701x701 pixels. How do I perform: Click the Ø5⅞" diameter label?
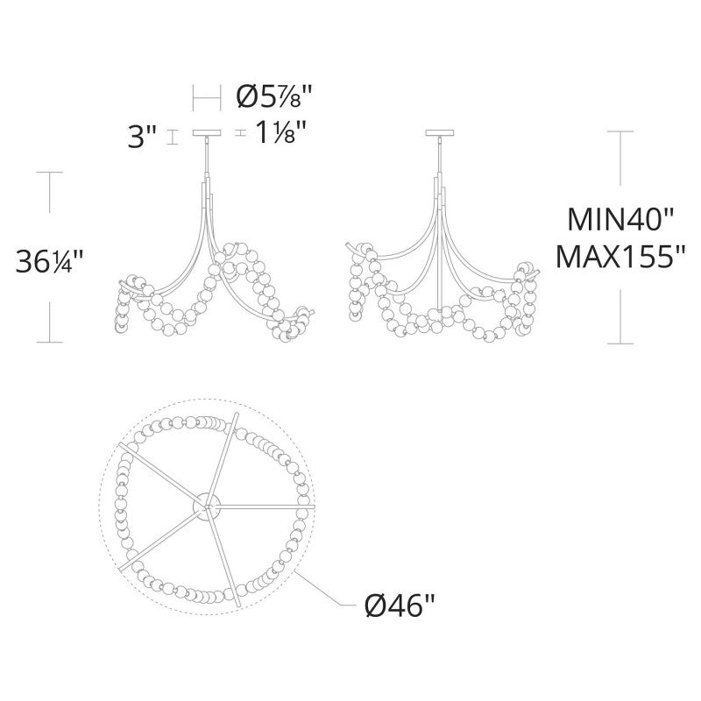click(273, 96)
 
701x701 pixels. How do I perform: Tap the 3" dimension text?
click(142, 137)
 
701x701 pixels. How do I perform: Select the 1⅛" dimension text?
click(280, 132)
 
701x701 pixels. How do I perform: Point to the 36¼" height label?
click(50, 261)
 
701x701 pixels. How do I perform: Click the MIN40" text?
click(620, 220)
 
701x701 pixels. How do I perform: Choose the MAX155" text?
click(620, 257)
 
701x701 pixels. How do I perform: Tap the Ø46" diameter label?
click(400, 606)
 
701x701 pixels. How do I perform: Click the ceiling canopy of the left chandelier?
click(207, 133)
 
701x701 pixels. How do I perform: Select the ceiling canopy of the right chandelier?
click(440, 133)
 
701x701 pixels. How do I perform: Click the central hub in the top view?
click(206, 506)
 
